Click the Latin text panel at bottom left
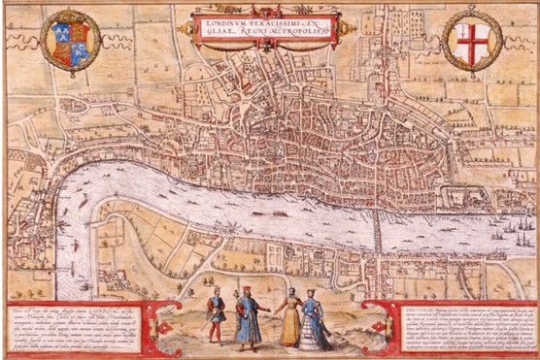(x=97, y=321)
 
